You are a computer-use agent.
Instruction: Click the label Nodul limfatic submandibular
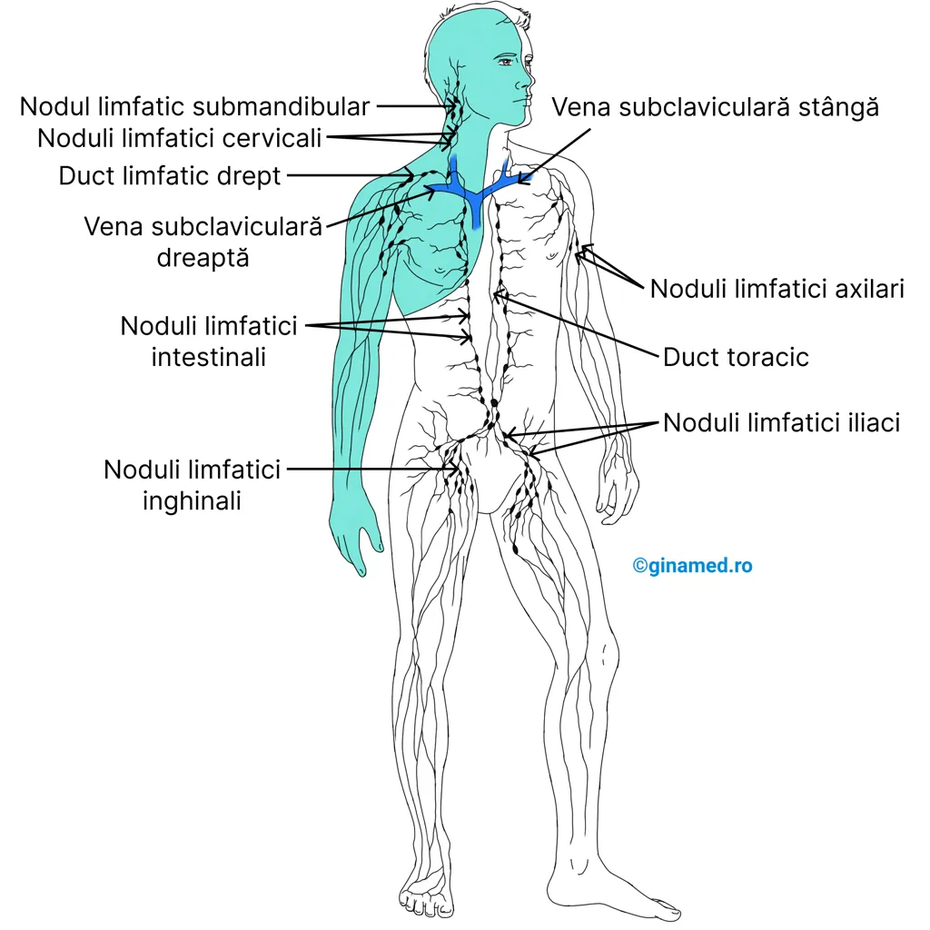tap(194, 107)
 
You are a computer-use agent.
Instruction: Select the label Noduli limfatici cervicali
tap(180, 138)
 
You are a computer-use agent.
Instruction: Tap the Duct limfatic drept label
tap(170, 176)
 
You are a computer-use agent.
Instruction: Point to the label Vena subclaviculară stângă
tap(716, 107)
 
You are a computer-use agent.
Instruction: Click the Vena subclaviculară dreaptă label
tap(203, 242)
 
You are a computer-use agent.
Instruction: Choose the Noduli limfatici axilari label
tap(777, 289)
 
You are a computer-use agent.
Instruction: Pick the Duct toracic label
tap(736, 357)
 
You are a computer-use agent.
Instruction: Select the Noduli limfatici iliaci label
tap(781, 423)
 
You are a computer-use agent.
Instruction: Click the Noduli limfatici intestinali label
tap(209, 341)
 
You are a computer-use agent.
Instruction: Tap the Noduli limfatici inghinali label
tap(192, 485)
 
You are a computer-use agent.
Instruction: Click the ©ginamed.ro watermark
tap(692, 565)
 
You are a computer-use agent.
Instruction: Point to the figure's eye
tap(506, 61)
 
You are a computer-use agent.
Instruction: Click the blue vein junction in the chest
tap(474, 193)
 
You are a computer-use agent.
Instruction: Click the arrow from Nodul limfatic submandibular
tap(416, 107)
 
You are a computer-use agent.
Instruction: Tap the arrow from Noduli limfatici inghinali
tap(372, 469)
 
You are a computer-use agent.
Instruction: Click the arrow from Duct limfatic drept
tap(351, 175)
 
